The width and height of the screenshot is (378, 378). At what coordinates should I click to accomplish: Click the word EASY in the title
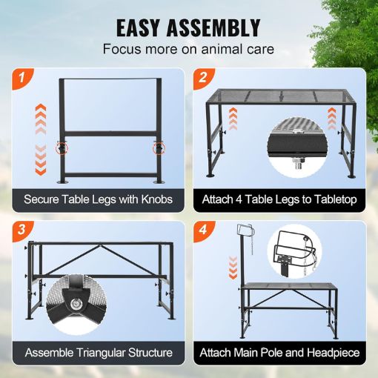[x=147, y=27]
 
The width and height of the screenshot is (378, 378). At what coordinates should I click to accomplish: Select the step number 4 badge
[x=202, y=230]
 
